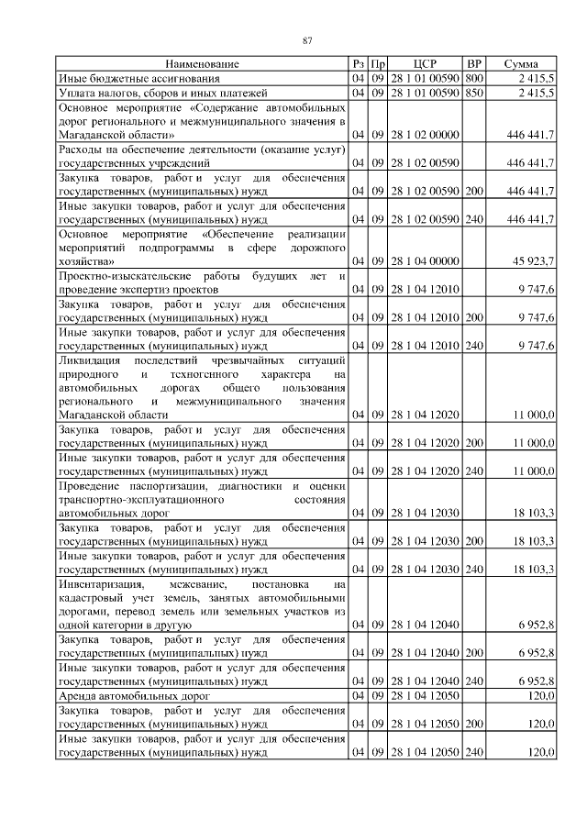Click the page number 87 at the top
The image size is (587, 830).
(x=308, y=39)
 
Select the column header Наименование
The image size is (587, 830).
(x=203, y=64)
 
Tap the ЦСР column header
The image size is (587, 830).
(x=424, y=64)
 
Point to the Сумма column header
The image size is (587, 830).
(x=521, y=64)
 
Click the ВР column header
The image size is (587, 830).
(x=474, y=64)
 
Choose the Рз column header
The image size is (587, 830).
(x=358, y=64)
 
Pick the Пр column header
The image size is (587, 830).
(x=377, y=64)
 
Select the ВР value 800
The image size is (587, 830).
(x=474, y=79)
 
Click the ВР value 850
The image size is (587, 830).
(x=474, y=93)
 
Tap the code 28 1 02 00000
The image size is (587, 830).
(x=424, y=135)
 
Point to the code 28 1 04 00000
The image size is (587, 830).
(x=424, y=262)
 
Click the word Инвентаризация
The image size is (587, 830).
(x=101, y=583)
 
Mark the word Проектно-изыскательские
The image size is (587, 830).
(x=125, y=276)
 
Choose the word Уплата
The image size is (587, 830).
(x=79, y=93)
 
